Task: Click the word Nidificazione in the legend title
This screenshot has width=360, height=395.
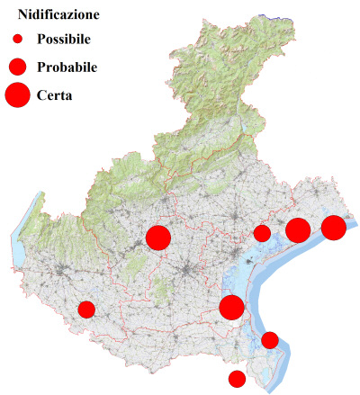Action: [59, 15]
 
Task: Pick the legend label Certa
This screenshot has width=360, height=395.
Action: [55, 94]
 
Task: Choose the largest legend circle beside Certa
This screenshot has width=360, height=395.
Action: [18, 94]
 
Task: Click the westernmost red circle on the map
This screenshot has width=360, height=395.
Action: [86, 310]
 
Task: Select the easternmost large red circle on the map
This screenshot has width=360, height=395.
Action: [334, 228]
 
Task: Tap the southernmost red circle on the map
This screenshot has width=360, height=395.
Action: [237, 379]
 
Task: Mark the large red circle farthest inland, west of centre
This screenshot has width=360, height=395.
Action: [158, 238]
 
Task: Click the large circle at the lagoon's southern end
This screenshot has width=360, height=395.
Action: [231, 307]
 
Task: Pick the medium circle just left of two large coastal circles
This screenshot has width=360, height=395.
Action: [262, 234]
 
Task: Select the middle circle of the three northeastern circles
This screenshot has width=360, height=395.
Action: [298, 230]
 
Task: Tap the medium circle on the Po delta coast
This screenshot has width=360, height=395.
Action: [270, 339]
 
